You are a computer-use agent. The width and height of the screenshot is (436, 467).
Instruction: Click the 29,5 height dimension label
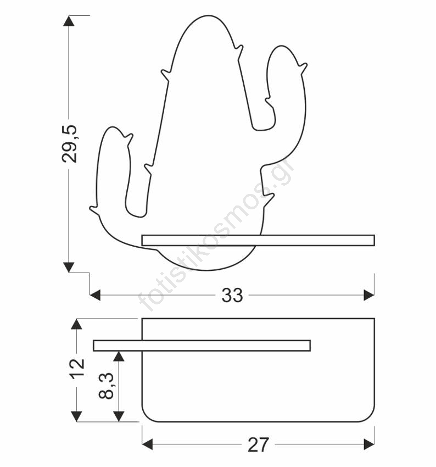pos(69,144)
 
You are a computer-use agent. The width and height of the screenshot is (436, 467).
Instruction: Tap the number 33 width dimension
pos(232,296)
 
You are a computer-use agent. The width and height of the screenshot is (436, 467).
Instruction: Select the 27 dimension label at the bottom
pos(258,444)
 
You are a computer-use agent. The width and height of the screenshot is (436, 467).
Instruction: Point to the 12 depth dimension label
pos(77,369)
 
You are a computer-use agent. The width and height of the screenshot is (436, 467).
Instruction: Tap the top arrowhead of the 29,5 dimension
pos(69,21)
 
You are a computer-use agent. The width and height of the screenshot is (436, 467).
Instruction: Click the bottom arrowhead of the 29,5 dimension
pos(69,267)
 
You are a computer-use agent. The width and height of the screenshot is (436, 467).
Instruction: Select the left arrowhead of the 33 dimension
pos(95,296)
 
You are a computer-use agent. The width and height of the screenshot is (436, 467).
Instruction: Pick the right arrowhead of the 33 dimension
pos(369,296)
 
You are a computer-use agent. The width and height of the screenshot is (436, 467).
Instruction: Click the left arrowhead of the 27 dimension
pos(147,444)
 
